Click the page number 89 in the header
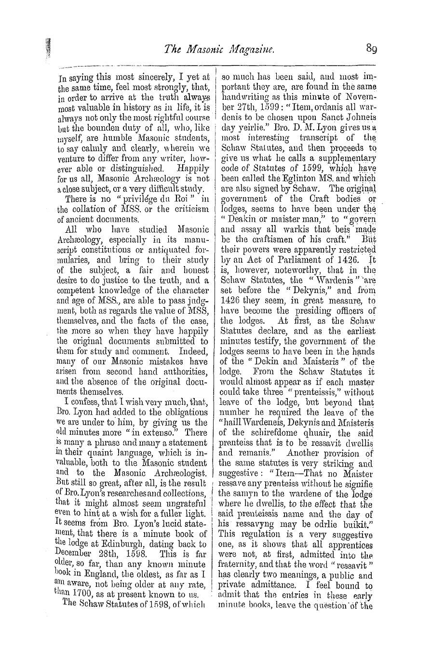[x=371, y=48]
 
